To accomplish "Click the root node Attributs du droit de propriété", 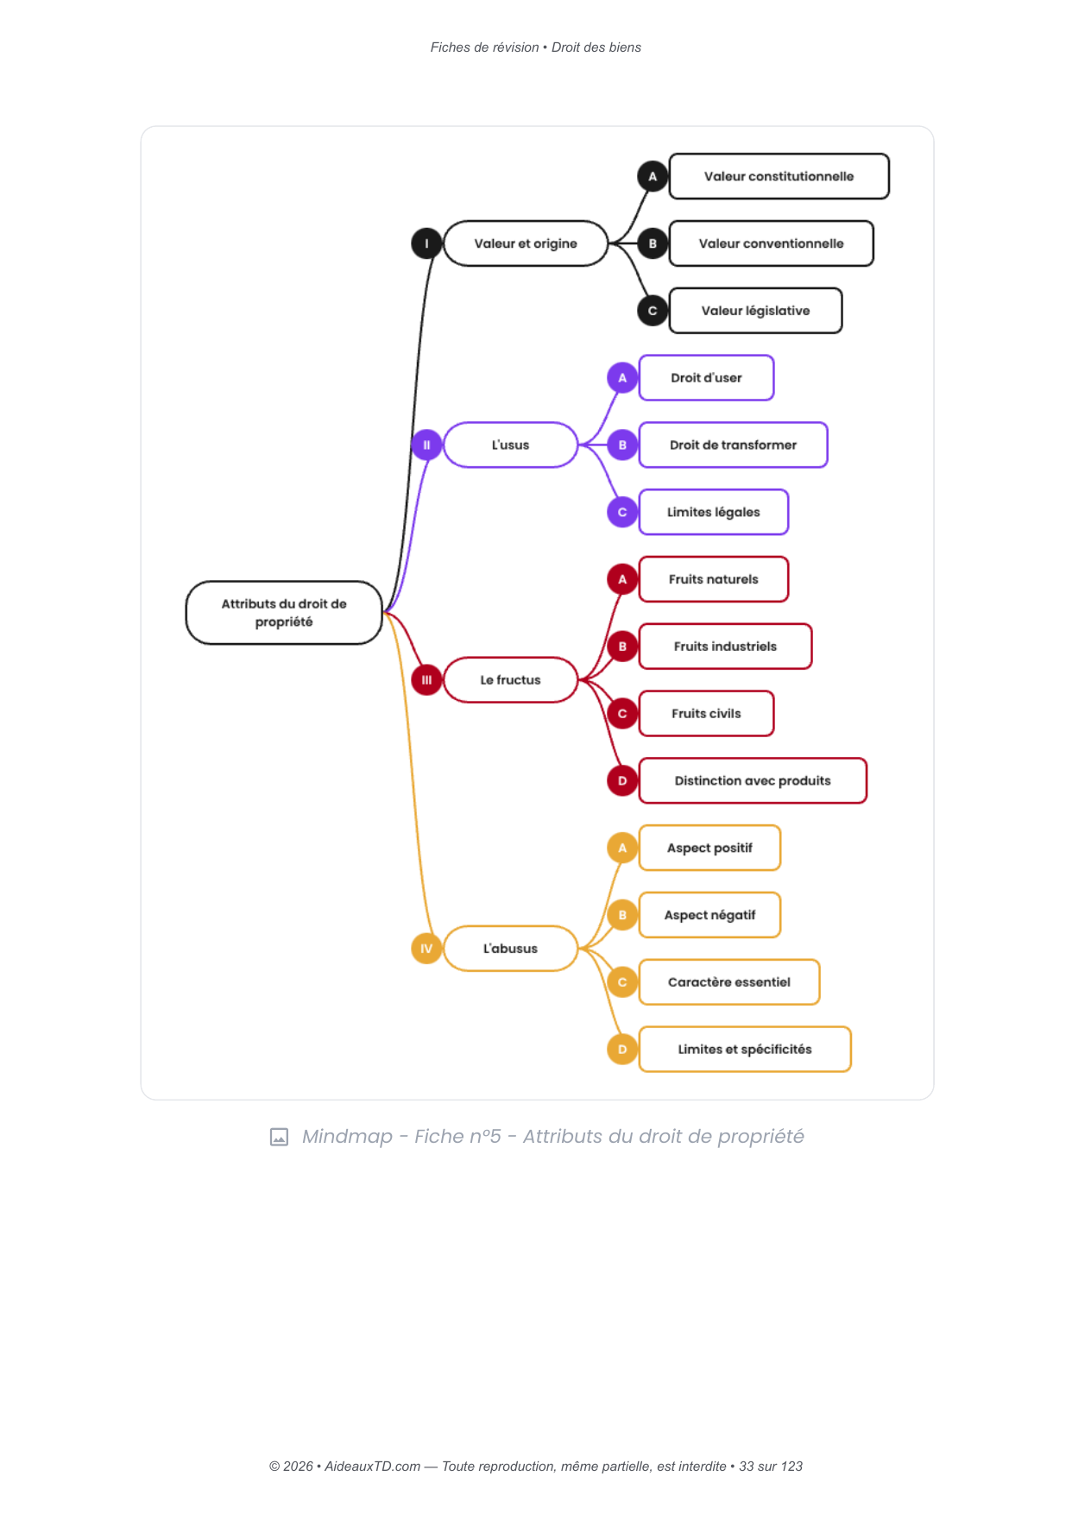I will [x=284, y=613].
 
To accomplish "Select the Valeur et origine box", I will [x=526, y=243].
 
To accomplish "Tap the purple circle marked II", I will [x=426, y=445].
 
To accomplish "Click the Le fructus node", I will [x=510, y=680].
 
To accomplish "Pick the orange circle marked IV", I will [x=426, y=949].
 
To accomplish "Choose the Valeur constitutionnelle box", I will [x=779, y=176].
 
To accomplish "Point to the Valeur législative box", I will [x=755, y=311].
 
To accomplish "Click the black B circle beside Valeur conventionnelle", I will [x=653, y=243].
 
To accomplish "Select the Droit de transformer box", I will [x=733, y=445].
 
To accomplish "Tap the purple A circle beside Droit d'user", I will [x=622, y=378].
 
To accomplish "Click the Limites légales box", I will [x=713, y=512].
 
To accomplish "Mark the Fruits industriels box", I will [x=725, y=647].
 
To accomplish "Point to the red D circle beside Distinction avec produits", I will [x=622, y=781].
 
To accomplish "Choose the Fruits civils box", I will [x=706, y=714].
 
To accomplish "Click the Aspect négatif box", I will [x=709, y=915].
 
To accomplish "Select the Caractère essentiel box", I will [x=728, y=982].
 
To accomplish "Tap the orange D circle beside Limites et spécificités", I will [x=622, y=1050].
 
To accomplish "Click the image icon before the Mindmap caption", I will [x=279, y=1137].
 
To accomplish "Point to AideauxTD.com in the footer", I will [x=372, y=1467].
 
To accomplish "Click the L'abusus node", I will [x=510, y=949].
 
